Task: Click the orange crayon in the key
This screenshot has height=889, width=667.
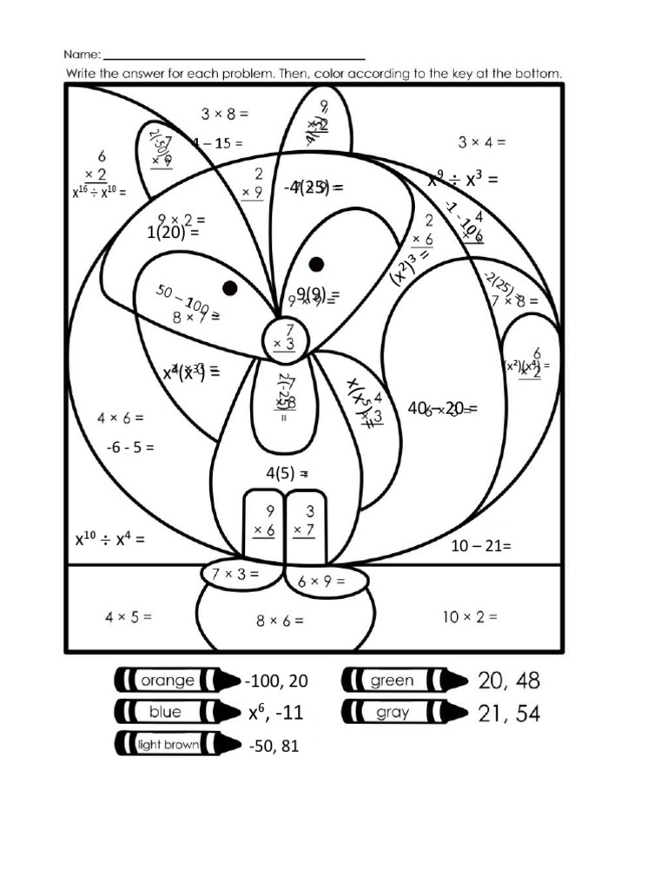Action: pos(178,680)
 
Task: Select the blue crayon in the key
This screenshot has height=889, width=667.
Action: pos(178,712)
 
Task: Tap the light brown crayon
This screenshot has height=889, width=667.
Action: pos(178,744)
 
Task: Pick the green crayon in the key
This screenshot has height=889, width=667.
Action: pos(405,681)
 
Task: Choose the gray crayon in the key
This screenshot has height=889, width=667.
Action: pos(405,713)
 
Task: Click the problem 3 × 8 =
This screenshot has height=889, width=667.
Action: pos(225,113)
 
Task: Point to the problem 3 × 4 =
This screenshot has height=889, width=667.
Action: pos(482,142)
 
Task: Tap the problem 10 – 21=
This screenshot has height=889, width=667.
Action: pos(481,547)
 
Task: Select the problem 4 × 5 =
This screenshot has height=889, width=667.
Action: pos(129,617)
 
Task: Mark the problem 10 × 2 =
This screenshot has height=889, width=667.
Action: pos(470,616)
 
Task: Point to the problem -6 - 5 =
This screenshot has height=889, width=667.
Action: pos(130,448)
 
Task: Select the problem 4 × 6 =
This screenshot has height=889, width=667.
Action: pos(120,418)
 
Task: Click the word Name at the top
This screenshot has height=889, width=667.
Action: pos(83,53)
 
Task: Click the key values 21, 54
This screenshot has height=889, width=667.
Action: pos(509,714)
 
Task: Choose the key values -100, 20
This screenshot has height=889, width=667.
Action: pos(276,681)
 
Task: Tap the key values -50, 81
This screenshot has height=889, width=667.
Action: pos(274,745)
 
